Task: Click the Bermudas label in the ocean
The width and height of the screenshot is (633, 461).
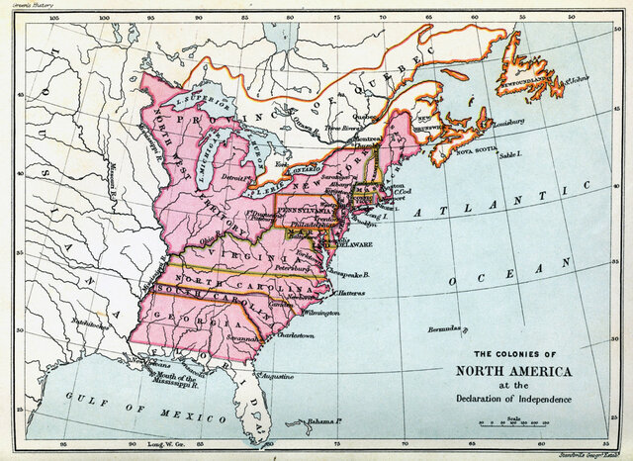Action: pyautogui.click(x=445, y=328)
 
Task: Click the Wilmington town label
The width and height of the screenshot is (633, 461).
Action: pyautogui.click(x=321, y=313)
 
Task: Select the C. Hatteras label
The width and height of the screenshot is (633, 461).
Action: pyautogui.click(x=352, y=292)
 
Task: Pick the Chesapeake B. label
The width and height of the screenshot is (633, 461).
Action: pyautogui.click(x=352, y=273)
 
